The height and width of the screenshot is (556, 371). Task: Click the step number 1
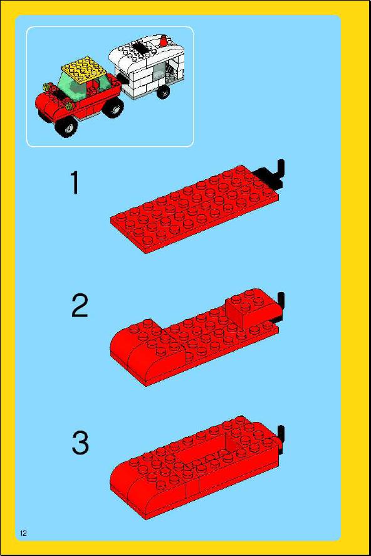point(75,182)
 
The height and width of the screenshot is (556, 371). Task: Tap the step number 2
point(80,306)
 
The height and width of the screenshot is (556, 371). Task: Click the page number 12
point(23,533)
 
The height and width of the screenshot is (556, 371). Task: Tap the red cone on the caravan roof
point(164,41)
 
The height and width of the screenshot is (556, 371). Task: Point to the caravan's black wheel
point(163,92)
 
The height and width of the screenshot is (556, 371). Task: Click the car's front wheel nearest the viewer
point(68,127)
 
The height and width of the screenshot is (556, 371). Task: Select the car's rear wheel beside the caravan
point(114,107)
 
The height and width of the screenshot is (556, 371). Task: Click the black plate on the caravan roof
point(140,47)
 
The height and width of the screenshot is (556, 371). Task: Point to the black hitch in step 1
point(271,174)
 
